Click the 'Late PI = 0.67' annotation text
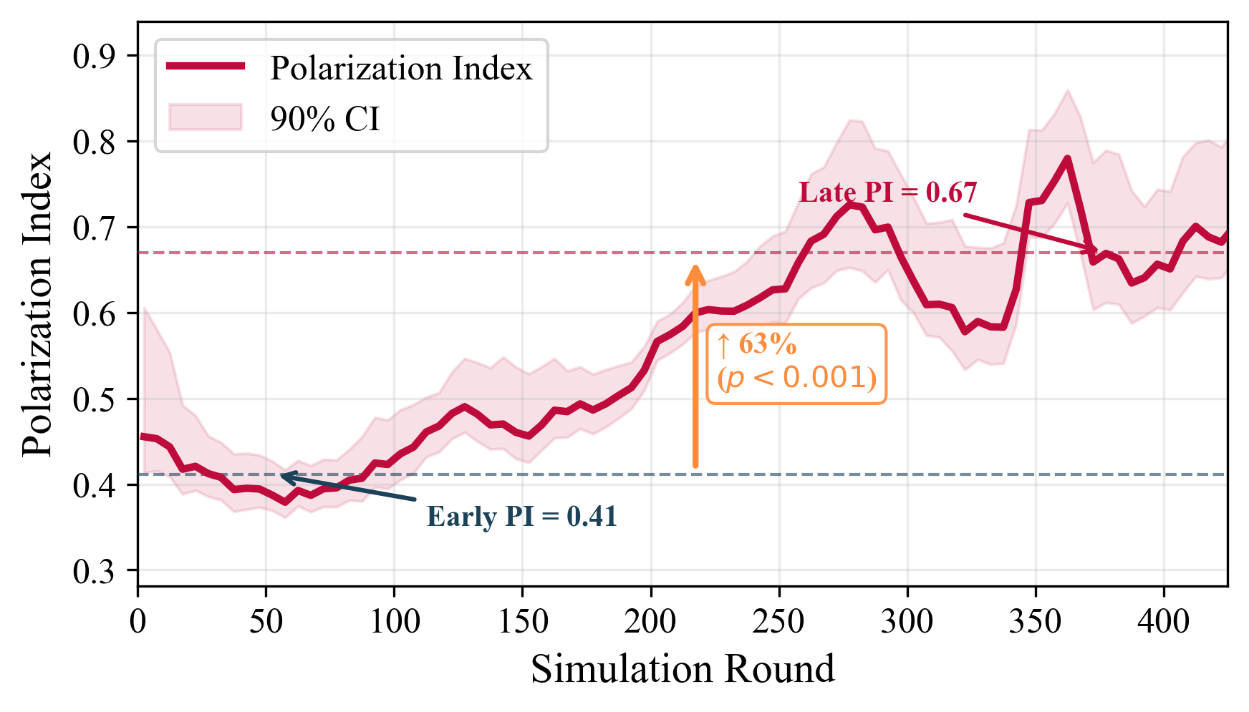click(887, 192)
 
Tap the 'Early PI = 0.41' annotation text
click(521, 517)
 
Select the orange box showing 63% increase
click(796, 364)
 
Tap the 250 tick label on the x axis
click(778, 621)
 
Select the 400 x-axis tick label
click(1163, 621)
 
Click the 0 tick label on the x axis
click(138, 621)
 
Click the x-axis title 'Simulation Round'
click(683, 670)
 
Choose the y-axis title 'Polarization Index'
click(37, 303)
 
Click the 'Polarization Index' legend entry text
click(401, 69)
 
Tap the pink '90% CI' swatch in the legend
click(206, 117)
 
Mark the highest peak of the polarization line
click(1067, 158)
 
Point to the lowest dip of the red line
click(286, 502)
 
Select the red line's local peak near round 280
click(850, 205)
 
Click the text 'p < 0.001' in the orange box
click(796, 378)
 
